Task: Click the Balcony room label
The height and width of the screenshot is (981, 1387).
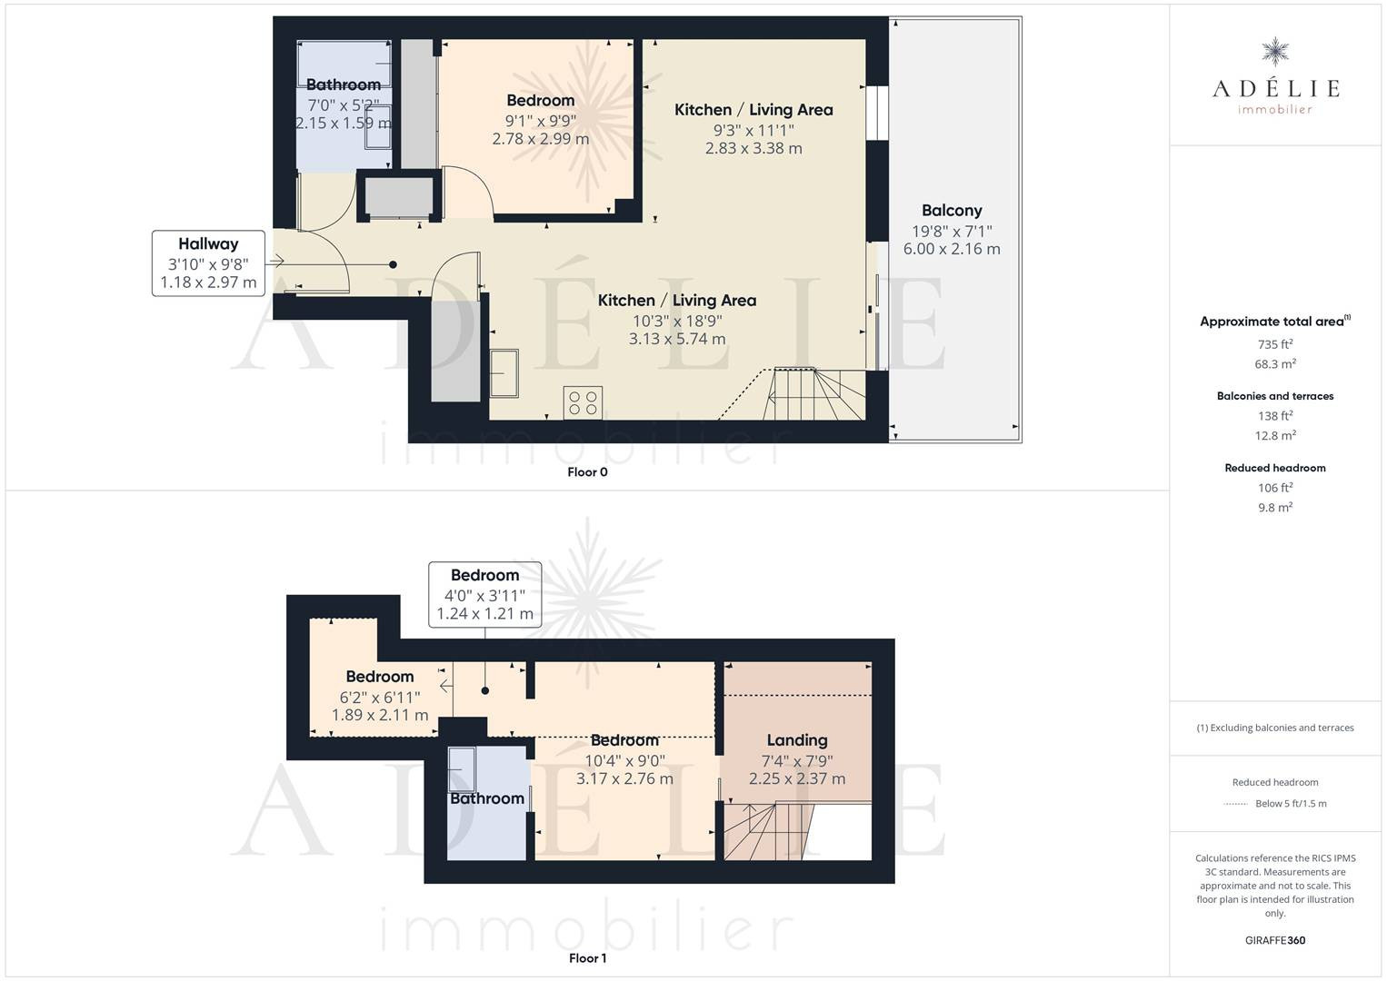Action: pos(952,211)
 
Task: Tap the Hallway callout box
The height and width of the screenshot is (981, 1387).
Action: pos(209,263)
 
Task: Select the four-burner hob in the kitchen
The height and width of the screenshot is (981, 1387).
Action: pos(583,402)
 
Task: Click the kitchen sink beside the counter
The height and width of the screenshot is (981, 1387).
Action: pos(504,373)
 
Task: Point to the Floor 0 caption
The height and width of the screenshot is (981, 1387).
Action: pos(588,471)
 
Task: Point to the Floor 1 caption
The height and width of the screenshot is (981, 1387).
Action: pos(588,958)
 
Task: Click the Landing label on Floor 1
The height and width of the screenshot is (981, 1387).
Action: pos(797,740)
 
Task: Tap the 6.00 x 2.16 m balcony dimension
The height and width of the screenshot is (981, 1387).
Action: pos(952,249)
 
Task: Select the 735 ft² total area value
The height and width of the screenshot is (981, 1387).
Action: pos(1275,344)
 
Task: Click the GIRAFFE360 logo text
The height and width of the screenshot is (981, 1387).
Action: pos(1275,940)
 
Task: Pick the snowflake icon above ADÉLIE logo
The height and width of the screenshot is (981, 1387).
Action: pos(1275,52)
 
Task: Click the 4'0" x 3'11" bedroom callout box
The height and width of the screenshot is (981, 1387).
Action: pos(485,595)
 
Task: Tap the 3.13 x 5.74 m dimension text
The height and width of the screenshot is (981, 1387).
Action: pos(677,339)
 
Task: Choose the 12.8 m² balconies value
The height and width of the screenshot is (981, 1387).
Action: pos(1275,435)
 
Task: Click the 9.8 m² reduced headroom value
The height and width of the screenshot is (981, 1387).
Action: pos(1275,507)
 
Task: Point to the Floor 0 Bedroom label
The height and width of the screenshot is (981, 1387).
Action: pos(541,100)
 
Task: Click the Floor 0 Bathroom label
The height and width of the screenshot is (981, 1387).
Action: pos(344,84)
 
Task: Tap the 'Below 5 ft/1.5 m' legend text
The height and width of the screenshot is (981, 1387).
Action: pos(1291,803)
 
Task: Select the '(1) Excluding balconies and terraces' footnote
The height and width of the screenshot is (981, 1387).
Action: pos(1275,728)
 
